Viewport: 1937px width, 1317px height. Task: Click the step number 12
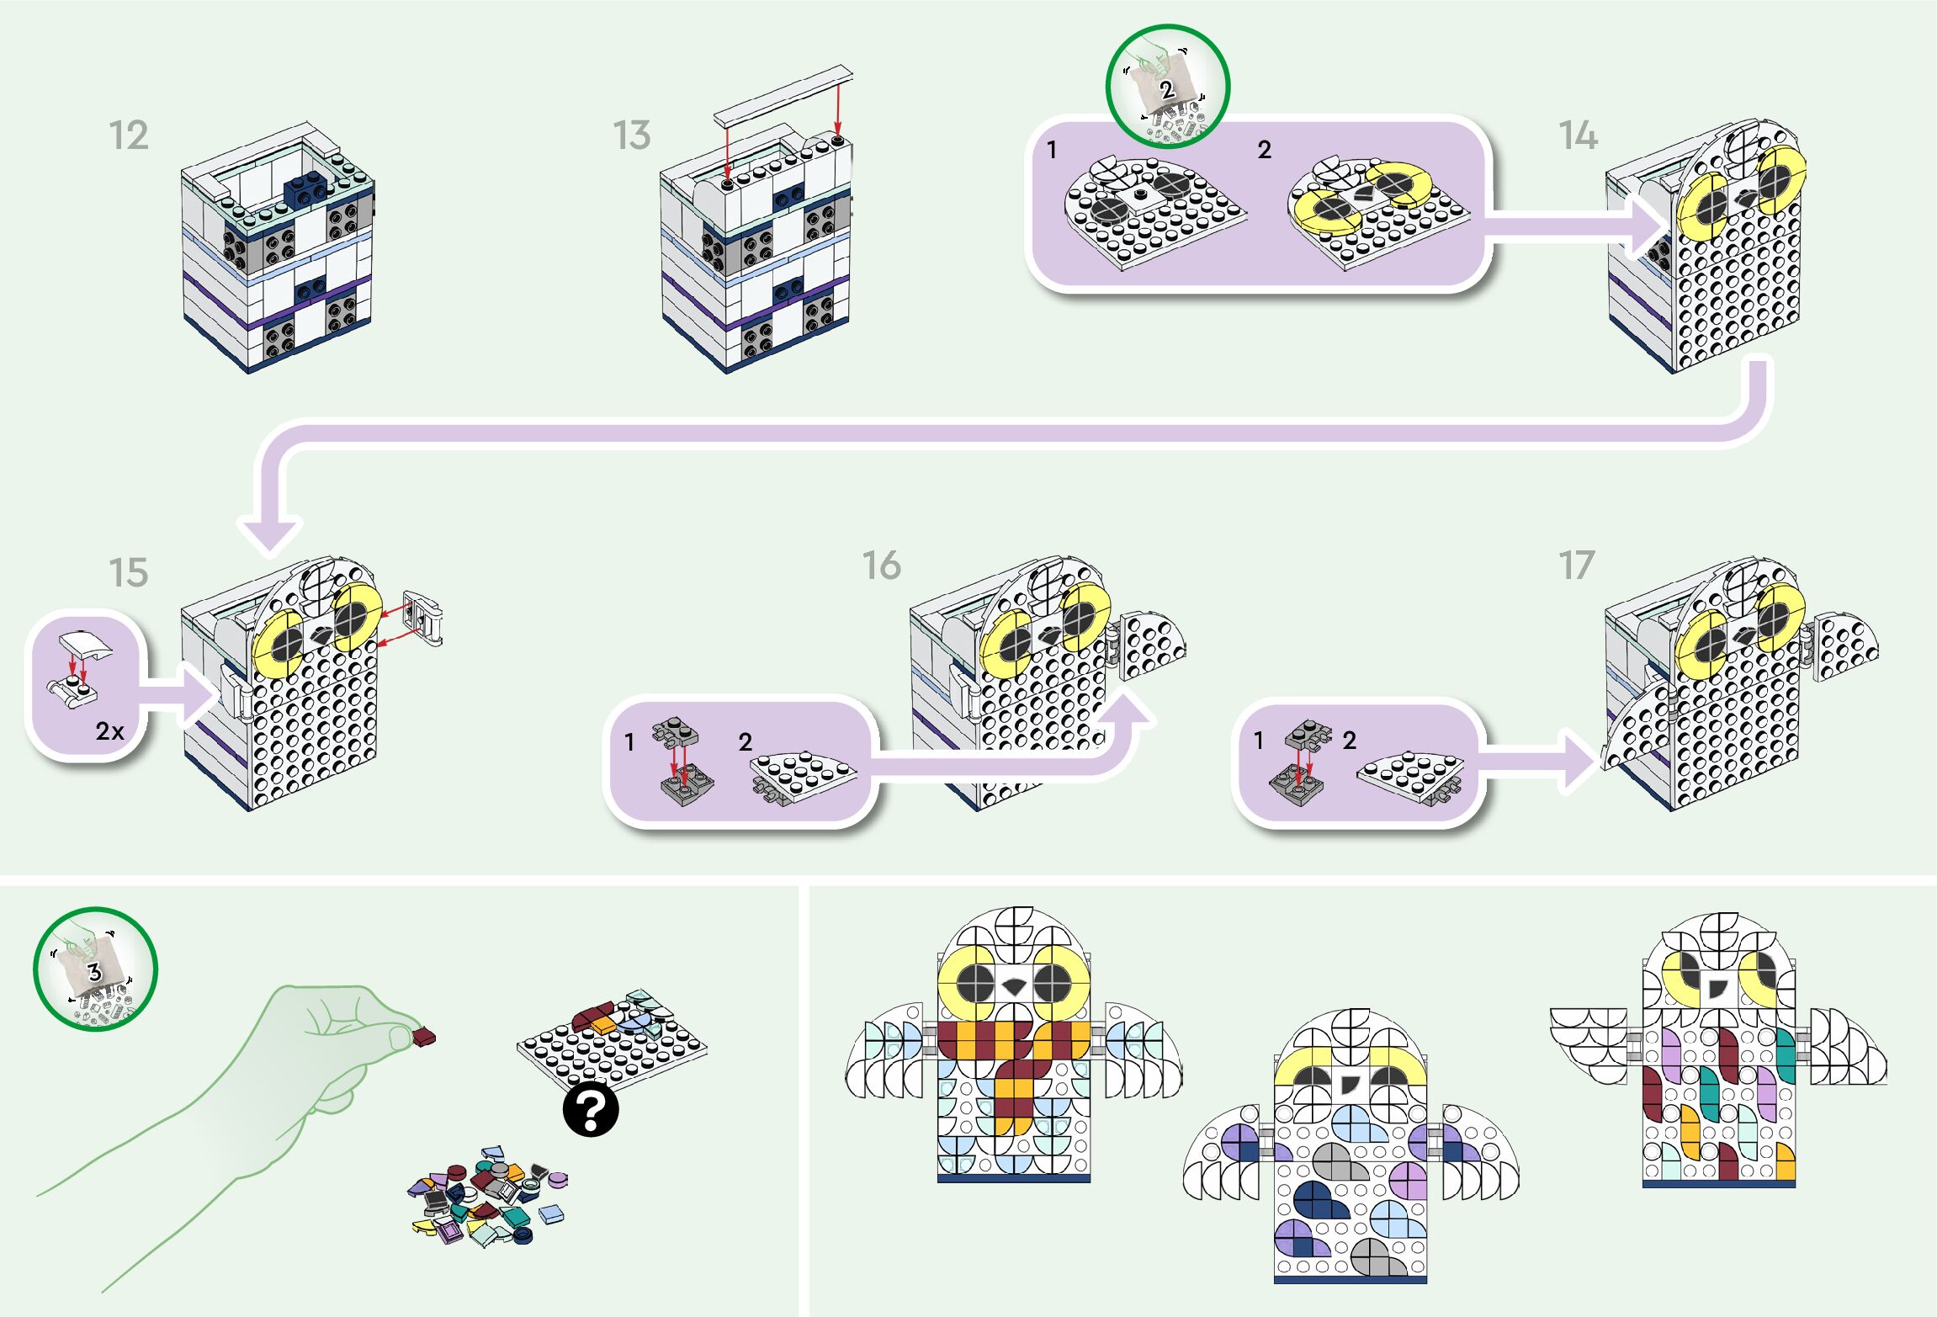coord(129,135)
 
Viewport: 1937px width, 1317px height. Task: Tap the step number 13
coord(632,135)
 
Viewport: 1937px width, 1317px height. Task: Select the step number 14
coord(1578,135)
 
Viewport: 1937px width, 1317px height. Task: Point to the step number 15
coord(129,573)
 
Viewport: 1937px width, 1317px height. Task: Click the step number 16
coord(882,566)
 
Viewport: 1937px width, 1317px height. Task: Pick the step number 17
coord(1577,566)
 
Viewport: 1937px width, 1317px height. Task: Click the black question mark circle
coord(591,1111)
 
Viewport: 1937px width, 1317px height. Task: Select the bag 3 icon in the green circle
coord(95,969)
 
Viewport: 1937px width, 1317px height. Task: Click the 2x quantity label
coord(109,730)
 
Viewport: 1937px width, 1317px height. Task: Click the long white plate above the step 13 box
coord(783,93)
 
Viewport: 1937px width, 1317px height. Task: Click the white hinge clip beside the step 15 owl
coord(423,618)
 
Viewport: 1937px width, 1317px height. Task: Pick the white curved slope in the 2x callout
coord(84,648)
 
